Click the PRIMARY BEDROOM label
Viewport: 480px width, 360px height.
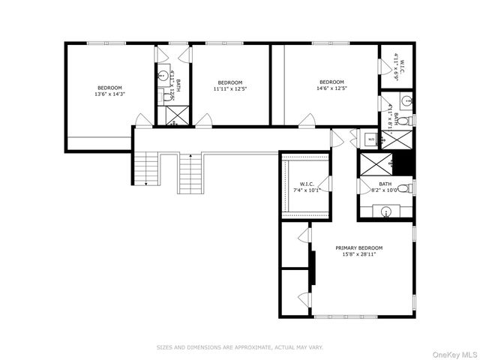(x=358, y=248)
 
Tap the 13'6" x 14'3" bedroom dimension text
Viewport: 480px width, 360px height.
(x=109, y=94)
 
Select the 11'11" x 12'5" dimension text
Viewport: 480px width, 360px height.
(x=230, y=89)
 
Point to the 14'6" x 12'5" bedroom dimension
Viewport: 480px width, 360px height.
(x=331, y=89)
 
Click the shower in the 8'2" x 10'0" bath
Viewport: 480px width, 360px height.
(x=377, y=163)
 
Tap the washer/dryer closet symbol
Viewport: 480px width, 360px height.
(x=370, y=139)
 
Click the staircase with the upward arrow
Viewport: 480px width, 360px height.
(x=190, y=172)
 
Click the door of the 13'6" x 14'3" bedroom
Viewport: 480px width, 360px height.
(x=143, y=120)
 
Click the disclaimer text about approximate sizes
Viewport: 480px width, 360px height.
(x=239, y=347)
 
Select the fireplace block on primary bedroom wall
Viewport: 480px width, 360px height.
(x=313, y=268)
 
